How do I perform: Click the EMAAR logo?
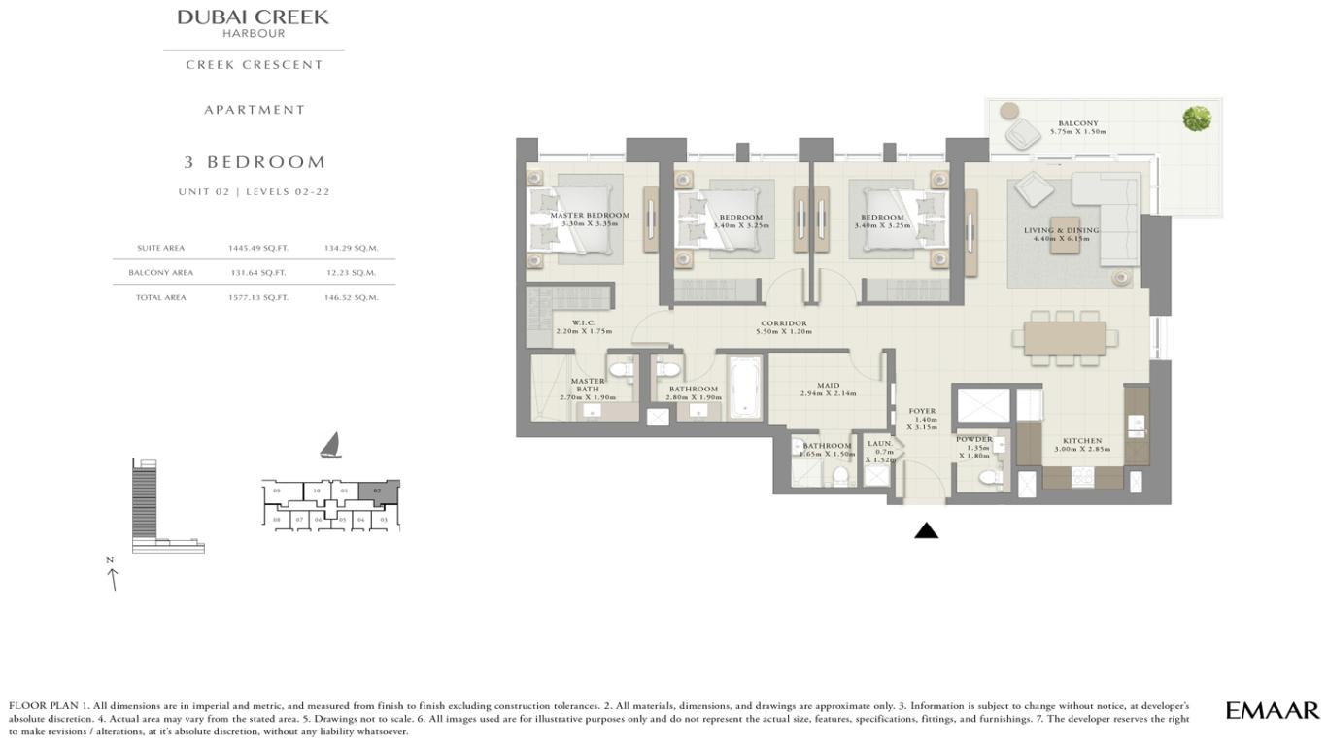point(1272,710)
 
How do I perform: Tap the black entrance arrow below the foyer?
point(926,530)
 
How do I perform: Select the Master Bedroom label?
point(590,216)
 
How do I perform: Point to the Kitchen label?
point(1081,441)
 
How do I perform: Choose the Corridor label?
point(784,323)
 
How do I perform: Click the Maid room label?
point(828,386)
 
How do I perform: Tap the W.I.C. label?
point(583,323)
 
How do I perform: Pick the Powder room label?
point(973,439)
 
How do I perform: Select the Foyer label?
point(922,411)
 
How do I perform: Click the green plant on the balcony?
point(1197,119)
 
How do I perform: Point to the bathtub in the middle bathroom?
point(745,386)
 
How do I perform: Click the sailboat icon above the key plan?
point(330,446)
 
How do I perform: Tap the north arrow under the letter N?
point(113,579)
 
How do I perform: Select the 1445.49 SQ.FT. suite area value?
point(258,248)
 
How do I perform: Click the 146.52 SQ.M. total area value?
point(351,297)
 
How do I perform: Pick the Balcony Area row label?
point(160,273)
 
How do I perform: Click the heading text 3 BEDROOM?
point(255,162)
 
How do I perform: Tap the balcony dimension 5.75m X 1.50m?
point(1078,131)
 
